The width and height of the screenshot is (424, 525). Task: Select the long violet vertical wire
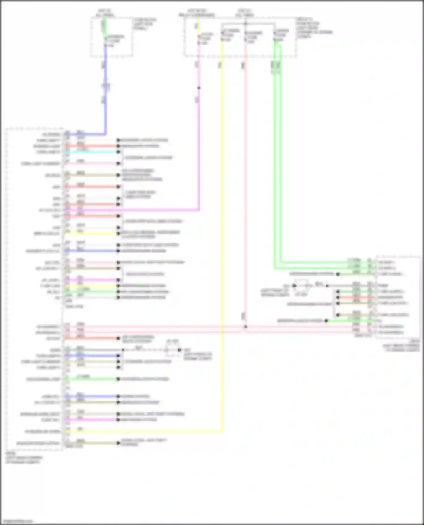(x=199, y=147)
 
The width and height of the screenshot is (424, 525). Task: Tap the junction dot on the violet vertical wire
(x=199, y=88)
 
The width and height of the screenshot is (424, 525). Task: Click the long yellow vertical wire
(x=222, y=226)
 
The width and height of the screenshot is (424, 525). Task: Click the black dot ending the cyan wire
(x=119, y=152)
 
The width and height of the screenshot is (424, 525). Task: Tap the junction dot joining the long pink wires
(x=245, y=327)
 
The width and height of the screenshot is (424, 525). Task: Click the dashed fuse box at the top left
(x=112, y=37)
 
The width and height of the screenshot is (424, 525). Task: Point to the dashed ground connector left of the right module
(x=302, y=285)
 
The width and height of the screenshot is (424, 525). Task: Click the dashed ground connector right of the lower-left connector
(x=172, y=350)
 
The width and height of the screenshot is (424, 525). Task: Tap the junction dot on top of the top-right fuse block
(x=245, y=24)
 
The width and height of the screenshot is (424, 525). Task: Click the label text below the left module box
(x=24, y=458)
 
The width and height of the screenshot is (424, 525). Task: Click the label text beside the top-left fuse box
(x=145, y=24)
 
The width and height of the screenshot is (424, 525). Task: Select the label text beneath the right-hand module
(x=401, y=346)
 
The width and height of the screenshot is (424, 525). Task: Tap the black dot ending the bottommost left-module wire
(x=119, y=443)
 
